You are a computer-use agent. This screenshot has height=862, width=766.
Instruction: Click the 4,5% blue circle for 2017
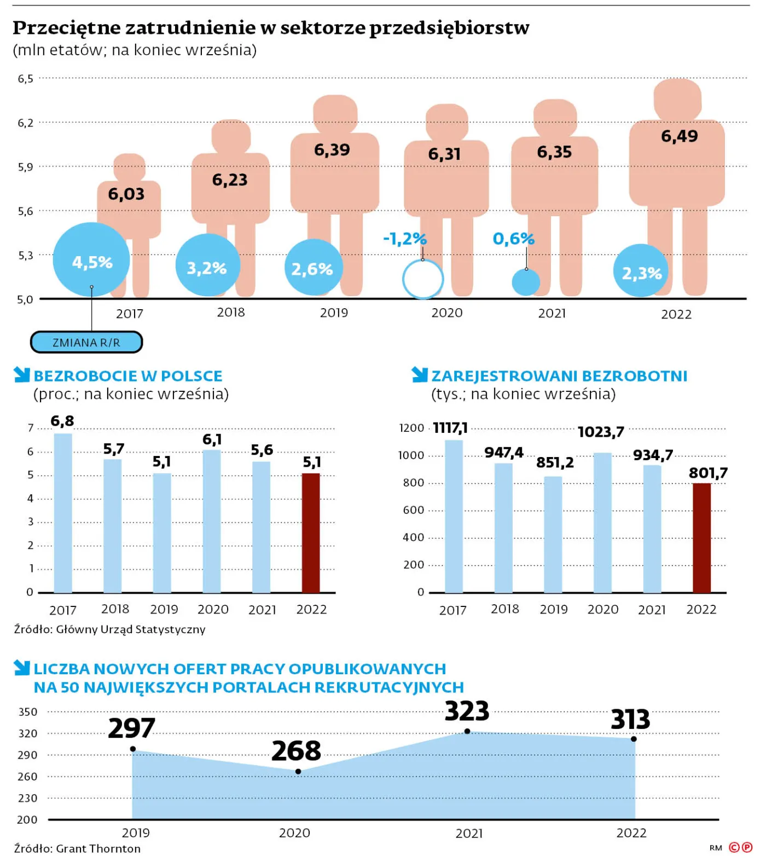tap(91, 260)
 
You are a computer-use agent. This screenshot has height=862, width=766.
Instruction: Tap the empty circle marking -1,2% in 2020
tap(423, 279)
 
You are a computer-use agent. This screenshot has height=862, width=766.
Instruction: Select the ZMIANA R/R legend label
tap(86, 343)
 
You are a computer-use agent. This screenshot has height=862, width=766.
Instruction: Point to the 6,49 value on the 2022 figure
tap(679, 136)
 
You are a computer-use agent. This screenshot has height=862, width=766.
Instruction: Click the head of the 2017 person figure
tap(130, 166)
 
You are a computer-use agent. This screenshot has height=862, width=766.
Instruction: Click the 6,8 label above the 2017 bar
tap(62, 421)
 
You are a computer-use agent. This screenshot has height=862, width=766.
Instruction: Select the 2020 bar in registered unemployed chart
tap(602, 523)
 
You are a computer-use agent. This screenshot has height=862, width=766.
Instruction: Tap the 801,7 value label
tap(708, 473)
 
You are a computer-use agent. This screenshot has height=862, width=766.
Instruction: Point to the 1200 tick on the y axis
tap(411, 428)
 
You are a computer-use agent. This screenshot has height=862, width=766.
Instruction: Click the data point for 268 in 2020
tap(298, 772)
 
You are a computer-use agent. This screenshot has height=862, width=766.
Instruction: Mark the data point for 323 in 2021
tap(467, 731)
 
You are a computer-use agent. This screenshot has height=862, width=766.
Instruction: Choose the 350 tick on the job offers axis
tap(28, 712)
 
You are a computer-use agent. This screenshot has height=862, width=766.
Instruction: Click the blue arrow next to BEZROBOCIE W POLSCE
tap(22, 375)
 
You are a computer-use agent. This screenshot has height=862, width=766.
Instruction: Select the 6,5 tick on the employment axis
tap(26, 79)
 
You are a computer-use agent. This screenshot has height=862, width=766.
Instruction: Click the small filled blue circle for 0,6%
tap(526, 282)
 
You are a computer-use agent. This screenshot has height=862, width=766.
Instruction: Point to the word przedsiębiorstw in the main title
tap(449, 28)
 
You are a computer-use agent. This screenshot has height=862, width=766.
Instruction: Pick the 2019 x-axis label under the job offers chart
tap(136, 833)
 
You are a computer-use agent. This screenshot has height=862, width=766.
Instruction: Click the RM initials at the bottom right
tap(716, 848)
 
